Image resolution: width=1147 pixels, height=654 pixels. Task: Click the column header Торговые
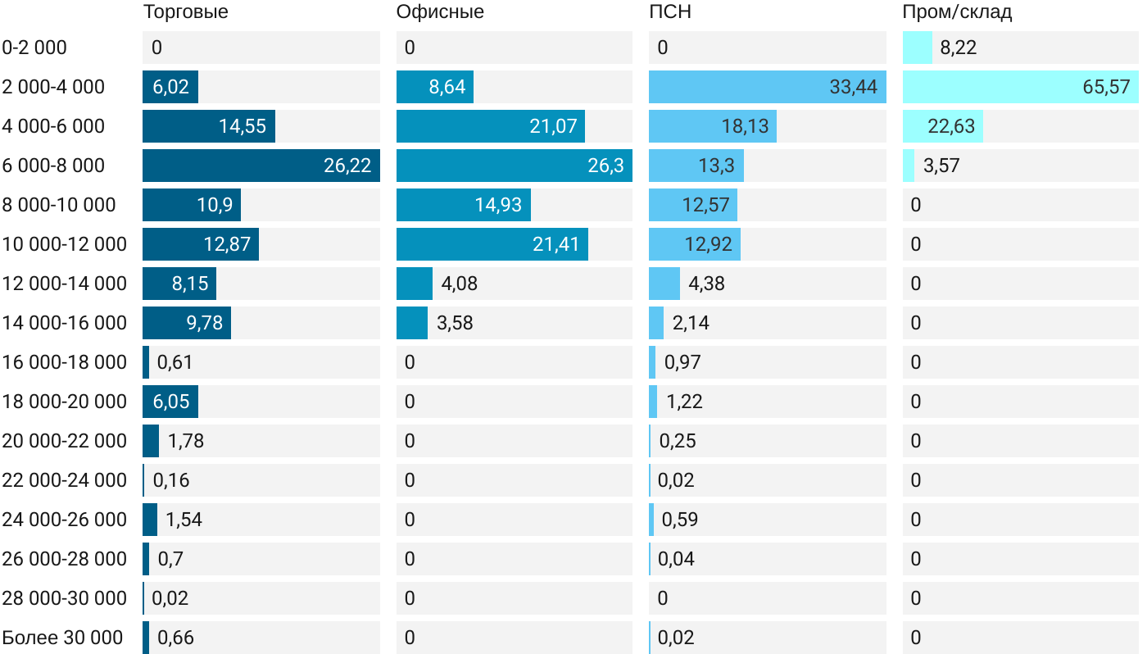[185, 12]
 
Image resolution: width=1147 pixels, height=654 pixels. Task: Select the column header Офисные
[440, 12]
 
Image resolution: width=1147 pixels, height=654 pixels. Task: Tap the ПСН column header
[664, 12]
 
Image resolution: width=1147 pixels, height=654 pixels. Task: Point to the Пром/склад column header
[957, 12]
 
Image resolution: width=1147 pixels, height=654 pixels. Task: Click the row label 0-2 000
[34, 48]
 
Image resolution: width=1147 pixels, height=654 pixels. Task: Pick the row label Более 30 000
[62, 638]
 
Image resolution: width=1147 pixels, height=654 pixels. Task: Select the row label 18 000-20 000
[65, 402]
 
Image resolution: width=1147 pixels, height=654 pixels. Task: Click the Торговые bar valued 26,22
[261, 166]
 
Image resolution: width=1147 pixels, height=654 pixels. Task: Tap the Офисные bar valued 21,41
[492, 244]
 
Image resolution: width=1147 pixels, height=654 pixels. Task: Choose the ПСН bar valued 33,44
[767, 87]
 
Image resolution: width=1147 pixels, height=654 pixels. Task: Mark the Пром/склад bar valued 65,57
[1020, 87]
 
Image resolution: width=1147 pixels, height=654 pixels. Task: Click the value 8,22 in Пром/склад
[958, 48]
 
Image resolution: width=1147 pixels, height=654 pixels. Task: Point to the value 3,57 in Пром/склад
[941, 166]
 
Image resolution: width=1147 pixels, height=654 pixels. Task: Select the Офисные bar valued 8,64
[434, 87]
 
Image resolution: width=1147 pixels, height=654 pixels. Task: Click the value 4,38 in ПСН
[706, 284]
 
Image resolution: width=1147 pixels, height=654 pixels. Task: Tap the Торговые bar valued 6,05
[170, 402]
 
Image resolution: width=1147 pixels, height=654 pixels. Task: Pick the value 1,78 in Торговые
[186, 441]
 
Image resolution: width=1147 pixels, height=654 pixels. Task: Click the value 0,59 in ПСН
[679, 520]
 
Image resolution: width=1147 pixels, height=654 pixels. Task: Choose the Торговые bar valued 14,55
[208, 126]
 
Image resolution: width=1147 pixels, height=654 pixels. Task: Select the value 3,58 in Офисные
[455, 323]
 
